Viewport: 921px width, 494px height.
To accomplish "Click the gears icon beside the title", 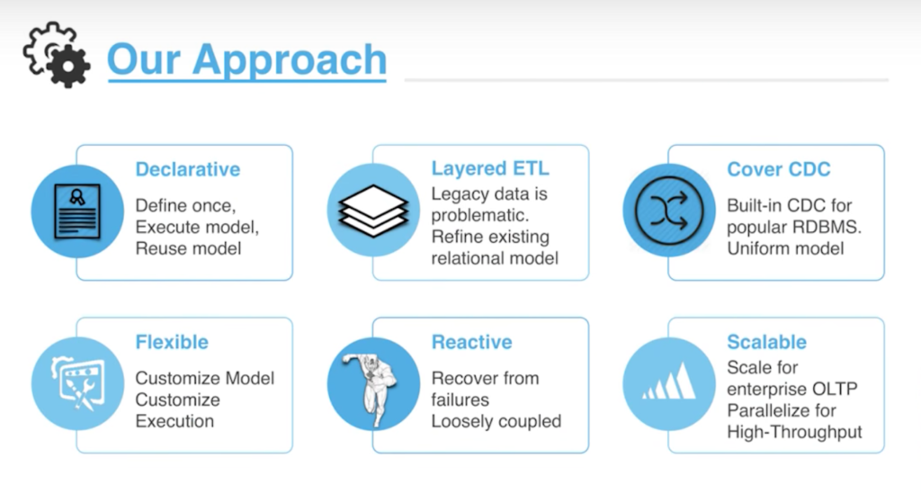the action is pos(57,55).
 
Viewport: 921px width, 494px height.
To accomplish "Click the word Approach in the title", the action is pos(290,59).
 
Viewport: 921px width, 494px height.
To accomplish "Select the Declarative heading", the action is pos(188,169).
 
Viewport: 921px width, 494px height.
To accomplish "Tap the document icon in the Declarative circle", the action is pos(77,211).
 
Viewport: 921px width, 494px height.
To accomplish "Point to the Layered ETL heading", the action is pos(490,168).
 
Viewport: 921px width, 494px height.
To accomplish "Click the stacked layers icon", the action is pos(373,211).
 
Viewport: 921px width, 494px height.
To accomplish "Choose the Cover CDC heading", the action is pos(779,169).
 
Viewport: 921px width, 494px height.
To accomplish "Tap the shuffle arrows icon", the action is pos(669,211).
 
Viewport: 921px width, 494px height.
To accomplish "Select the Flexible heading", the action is pos(172,342).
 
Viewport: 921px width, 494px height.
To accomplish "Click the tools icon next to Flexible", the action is pos(78,383).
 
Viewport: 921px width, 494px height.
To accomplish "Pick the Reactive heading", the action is pos(471,342).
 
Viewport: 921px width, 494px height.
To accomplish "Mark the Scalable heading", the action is pos(766,342).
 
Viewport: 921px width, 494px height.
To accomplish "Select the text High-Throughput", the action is pos(794,432).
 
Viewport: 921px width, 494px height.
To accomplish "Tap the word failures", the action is pos(460,400).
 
